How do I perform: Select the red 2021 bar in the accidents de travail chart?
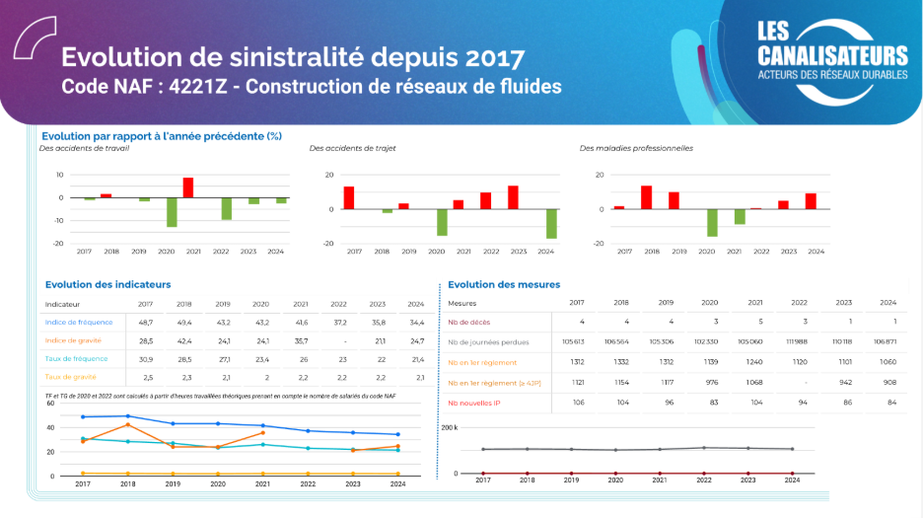point(188,187)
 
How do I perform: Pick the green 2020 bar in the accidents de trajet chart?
point(442,222)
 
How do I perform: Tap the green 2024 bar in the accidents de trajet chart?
point(550,224)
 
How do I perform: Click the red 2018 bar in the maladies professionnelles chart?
point(646,197)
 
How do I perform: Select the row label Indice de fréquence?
point(79,323)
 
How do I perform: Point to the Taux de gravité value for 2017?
point(147,377)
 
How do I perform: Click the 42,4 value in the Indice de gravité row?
point(184,340)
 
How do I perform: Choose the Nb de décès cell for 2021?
point(755,323)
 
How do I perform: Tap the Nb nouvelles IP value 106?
point(578,403)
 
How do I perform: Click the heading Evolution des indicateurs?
point(108,284)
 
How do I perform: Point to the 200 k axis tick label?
point(448,427)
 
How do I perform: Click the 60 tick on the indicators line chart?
point(50,428)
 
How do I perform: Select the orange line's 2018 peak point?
point(128,424)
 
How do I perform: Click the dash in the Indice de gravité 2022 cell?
point(338,340)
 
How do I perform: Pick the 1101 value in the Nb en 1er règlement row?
point(844,362)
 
